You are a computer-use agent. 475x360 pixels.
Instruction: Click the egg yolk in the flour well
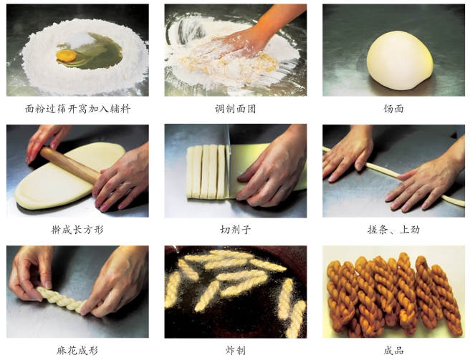(67, 56)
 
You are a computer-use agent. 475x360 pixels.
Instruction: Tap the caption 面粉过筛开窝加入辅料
(77, 109)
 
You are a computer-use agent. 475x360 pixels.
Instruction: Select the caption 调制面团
(236, 109)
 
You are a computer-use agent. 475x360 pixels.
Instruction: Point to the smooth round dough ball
(400, 61)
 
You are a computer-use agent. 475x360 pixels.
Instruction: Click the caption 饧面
(393, 109)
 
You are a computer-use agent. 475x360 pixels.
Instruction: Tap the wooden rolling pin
(70, 165)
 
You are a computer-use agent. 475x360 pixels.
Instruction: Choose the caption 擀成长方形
(77, 230)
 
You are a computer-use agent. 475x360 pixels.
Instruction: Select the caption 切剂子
(236, 230)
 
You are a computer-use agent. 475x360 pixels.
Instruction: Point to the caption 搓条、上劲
(393, 230)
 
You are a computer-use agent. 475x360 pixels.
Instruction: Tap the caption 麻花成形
(77, 351)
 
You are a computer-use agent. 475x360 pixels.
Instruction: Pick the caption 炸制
(236, 351)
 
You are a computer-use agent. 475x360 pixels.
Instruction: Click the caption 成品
(393, 351)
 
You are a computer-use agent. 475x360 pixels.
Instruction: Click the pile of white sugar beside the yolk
(80, 40)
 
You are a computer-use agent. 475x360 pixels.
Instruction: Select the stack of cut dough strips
(206, 172)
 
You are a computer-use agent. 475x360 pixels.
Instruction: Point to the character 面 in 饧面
(399, 109)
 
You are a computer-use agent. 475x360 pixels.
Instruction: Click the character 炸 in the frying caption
(230, 351)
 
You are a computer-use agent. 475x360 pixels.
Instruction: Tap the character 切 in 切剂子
(225, 230)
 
